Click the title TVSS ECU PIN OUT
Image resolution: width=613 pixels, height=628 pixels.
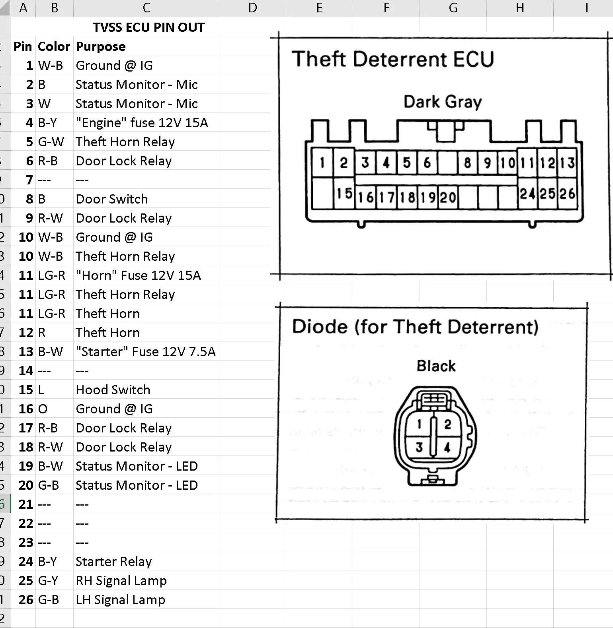(148, 27)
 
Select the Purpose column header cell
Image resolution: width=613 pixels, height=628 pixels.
(101, 47)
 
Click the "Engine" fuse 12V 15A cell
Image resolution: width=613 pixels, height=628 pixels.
(142, 123)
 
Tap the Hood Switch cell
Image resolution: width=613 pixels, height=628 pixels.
(113, 390)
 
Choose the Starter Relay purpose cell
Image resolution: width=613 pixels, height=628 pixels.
(114, 562)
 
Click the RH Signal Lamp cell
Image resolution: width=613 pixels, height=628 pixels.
(121, 581)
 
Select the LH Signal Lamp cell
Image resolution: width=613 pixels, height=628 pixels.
(120, 600)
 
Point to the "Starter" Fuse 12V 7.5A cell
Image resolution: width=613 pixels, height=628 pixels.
(146, 352)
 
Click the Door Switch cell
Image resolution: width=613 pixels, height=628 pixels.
(112, 199)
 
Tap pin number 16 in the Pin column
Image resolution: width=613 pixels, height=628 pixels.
(26, 409)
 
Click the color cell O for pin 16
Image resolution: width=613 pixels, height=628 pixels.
(43, 409)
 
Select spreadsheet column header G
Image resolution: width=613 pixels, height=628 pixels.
(453, 8)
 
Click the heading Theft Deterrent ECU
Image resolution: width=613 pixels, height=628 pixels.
(393, 59)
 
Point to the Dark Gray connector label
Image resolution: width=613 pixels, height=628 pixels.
(443, 102)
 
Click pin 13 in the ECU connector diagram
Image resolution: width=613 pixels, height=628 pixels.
(567, 163)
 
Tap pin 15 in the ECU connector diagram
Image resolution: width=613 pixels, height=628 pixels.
(344, 194)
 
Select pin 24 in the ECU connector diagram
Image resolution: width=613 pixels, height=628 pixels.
(527, 194)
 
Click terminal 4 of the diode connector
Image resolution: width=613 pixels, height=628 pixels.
(447, 448)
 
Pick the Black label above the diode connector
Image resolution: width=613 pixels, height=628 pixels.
(436, 366)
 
